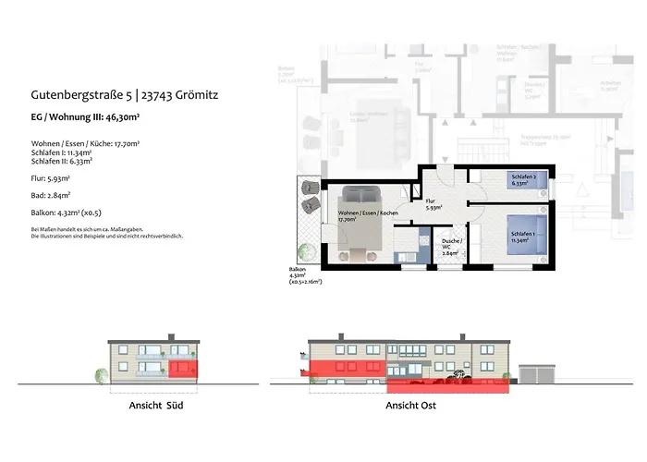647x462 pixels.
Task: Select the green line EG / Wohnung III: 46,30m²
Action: point(101,116)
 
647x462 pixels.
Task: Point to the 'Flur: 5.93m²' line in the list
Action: point(52,177)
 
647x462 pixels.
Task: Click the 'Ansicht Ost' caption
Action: point(411,406)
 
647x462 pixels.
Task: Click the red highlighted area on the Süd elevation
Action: point(184,370)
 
